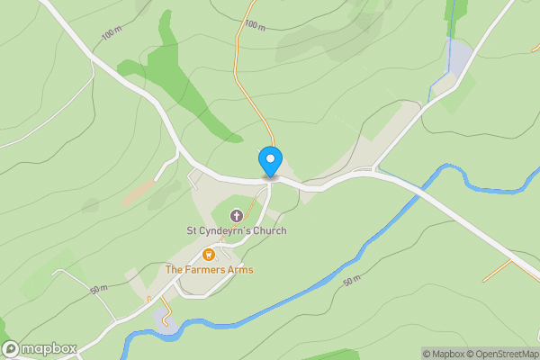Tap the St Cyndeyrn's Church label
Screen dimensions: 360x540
coord(236,231)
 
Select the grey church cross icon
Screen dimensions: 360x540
coord(237,216)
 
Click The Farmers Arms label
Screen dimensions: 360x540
coord(209,270)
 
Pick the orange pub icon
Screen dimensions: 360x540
coord(209,255)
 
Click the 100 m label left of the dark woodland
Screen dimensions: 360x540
coord(112,34)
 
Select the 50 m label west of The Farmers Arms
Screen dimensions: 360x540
coord(99,289)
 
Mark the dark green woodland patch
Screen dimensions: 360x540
coord(184,81)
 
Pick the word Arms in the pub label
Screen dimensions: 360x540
coord(239,270)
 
